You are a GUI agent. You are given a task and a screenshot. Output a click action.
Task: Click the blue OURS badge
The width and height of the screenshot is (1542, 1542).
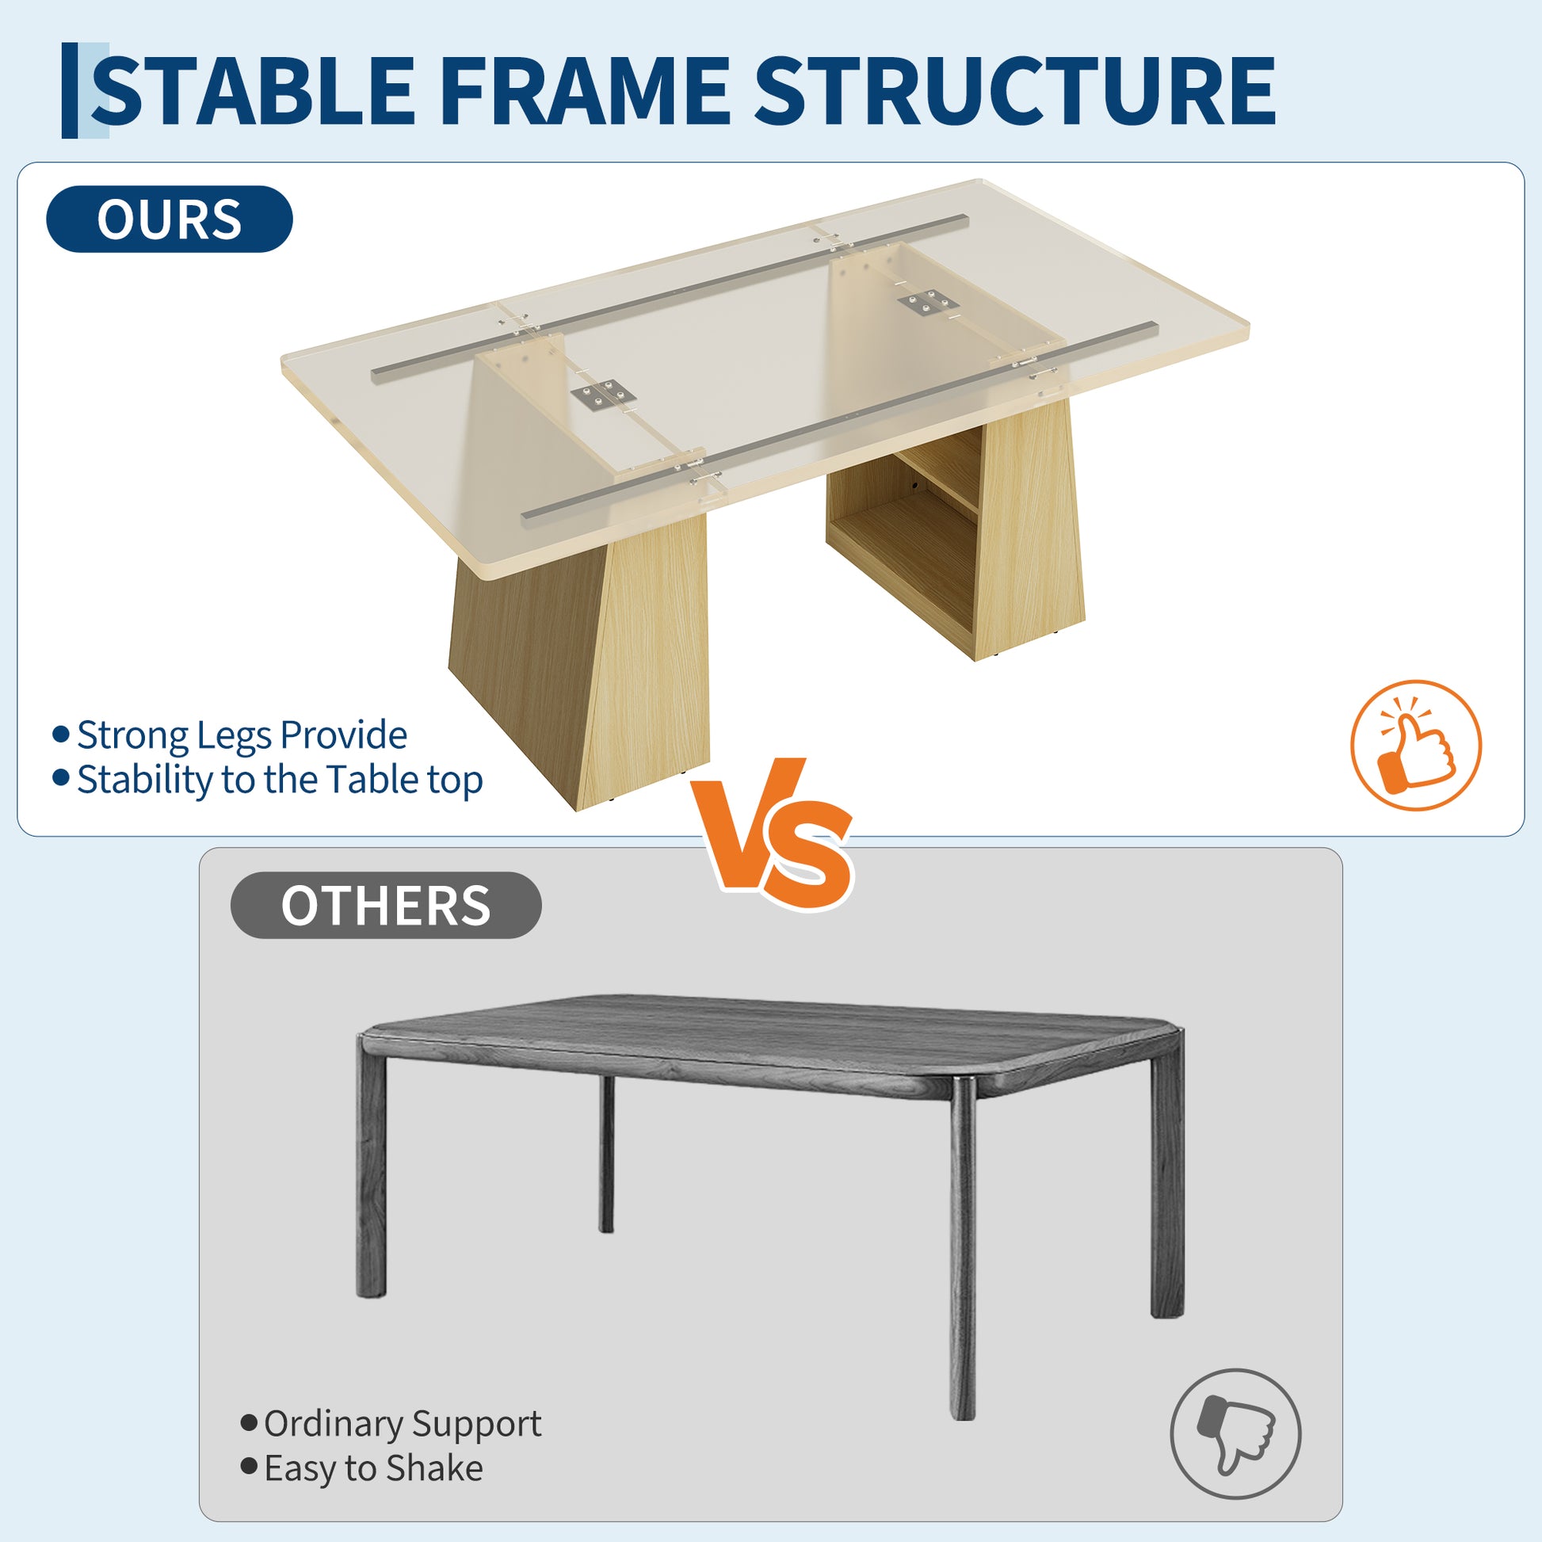click(x=170, y=219)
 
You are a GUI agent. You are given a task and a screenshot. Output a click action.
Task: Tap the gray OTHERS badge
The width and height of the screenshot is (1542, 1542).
click(x=385, y=905)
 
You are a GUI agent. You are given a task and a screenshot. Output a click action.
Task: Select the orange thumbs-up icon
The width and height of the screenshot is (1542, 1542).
click(x=1416, y=746)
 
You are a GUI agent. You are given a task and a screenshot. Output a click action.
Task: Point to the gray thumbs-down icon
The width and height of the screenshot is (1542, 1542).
click(x=1235, y=1434)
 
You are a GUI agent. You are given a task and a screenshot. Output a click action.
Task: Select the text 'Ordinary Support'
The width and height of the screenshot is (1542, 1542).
click(x=403, y=1425)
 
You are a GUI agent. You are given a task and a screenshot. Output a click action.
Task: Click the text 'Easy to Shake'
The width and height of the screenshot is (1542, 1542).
click(x=373, y=1468)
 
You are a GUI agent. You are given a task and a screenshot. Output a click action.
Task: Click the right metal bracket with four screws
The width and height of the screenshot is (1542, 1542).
click(x=926, y=303)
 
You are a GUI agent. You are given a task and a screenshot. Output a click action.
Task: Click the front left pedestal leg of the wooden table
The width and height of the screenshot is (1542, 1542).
click(x=579, y=662)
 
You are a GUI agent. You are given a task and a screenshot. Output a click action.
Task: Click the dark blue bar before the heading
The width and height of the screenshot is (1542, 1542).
click(x=71, y=90)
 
